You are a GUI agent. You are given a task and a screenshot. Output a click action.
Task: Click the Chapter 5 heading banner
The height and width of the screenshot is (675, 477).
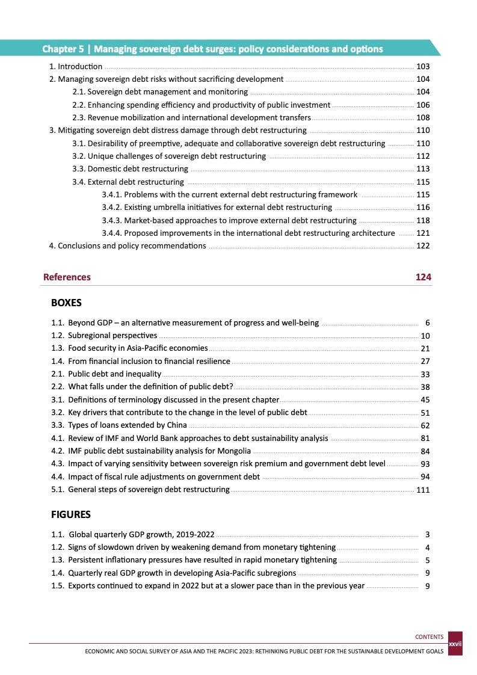click(x=212, y=49)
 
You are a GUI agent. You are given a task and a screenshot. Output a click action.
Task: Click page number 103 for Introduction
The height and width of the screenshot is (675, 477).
click(x=423, y=66)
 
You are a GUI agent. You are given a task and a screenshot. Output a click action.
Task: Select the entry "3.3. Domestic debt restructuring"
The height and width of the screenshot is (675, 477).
click(x=130, y=169)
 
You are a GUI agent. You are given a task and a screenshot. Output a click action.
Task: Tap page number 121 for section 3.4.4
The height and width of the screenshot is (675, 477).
click(x=423, y=233)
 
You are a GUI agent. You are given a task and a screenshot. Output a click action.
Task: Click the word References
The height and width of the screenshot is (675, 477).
click(x=67, y=277)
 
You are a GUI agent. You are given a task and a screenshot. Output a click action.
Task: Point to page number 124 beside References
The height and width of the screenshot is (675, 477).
click(x=423, y=277)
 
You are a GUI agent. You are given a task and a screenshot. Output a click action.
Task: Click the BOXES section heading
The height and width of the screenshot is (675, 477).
click(x=66, y=303)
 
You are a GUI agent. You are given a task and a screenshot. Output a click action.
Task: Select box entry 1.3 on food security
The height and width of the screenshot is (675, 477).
click(x=138, y=348)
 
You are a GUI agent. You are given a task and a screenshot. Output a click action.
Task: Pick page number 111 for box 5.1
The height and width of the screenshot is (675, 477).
click(x=423, y=490)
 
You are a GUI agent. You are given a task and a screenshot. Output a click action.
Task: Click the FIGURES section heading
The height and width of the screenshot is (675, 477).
click(x=70, y=514)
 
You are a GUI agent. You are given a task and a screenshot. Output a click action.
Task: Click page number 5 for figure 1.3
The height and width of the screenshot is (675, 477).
click(x=426, y=560)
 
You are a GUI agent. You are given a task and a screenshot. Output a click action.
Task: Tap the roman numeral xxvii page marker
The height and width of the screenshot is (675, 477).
click(x=455, y=644)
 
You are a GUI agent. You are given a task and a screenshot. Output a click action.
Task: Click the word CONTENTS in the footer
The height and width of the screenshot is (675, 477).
click(x=429, y=637)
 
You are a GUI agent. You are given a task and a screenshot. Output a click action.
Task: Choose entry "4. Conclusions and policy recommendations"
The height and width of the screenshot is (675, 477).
click(x=128, y=245)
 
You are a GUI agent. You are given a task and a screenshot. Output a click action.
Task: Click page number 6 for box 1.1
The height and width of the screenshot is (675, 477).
click(x=426, y=323)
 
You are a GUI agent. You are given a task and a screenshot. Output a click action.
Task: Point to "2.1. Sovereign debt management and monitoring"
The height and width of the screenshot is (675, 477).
click(x=160, y=92)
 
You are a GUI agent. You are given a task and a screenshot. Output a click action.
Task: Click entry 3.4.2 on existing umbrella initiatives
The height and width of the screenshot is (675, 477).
click(x=217, y=207)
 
